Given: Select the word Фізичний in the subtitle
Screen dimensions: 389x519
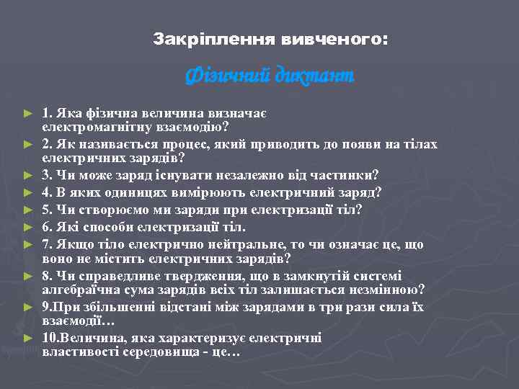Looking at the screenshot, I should click(x=226, y=74).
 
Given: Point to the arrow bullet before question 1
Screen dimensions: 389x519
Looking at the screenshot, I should click(x=29, y=114).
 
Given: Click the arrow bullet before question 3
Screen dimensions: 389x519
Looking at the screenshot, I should click(x=29, y=174).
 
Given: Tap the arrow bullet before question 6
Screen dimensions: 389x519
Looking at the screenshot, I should click(x=29, y=228).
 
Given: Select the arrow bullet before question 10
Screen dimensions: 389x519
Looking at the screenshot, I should click(x=29, y=337).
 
